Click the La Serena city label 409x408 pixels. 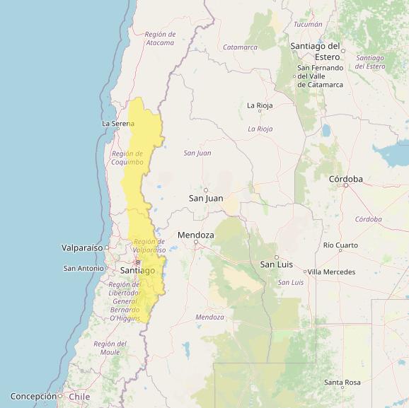point(117,123)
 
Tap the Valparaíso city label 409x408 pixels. point(82,247)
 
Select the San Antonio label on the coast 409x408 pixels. point(83,268)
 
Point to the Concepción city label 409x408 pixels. point(33,396)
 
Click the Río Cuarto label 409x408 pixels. point(340,245)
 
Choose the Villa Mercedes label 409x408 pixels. point(331,272)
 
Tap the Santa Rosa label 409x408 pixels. point(342,382)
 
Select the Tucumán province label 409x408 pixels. point(308,24)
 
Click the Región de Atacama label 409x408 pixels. point(159,38)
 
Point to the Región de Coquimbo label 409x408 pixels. point(127,158)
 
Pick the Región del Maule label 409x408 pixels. point(110,348)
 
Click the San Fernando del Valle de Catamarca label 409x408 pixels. point(320,76)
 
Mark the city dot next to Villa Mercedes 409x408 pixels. point(305,272)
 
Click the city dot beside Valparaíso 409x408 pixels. point(107,247)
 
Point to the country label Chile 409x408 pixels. point(79,397)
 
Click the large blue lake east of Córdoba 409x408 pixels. point(391,152)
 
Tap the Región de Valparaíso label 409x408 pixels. point(149,245)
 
